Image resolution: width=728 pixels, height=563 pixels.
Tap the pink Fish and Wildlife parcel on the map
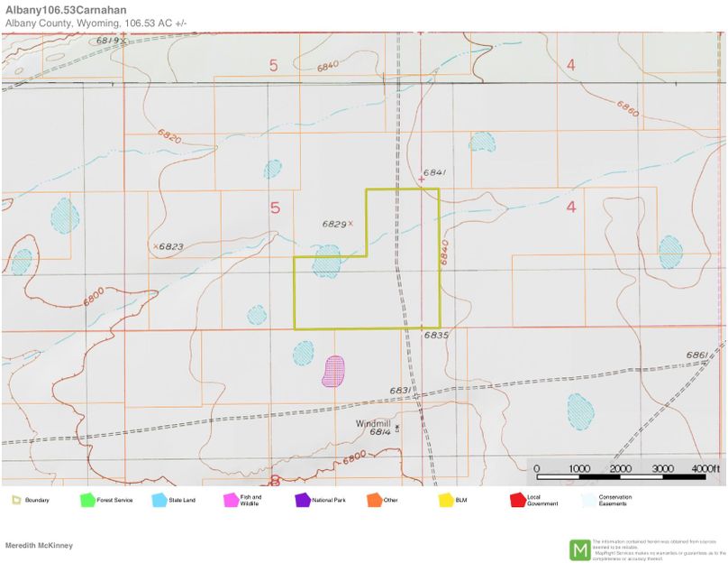(x=333, y=371)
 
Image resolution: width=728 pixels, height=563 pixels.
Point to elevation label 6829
(x=334, y=223)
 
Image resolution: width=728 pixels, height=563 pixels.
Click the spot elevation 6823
(x=171, y=245)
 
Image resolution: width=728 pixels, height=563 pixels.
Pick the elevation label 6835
(x=437, y=335)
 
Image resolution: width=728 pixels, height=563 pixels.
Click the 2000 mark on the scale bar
(x=620, y=469)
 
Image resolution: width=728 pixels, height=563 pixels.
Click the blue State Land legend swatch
(x=159, y=499)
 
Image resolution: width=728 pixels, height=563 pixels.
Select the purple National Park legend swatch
(x=301, y=499)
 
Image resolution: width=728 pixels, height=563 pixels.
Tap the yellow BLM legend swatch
(x=445, y=499)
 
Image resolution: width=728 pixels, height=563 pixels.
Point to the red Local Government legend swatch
(x=517, y=499)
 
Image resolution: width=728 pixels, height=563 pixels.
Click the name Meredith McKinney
(x=39, y=545)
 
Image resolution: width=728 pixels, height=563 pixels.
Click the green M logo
(x=579, y=549)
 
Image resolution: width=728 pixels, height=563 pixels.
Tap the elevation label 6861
(x=696, y=355)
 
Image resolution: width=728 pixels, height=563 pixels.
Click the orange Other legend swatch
(x=373, y=499)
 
